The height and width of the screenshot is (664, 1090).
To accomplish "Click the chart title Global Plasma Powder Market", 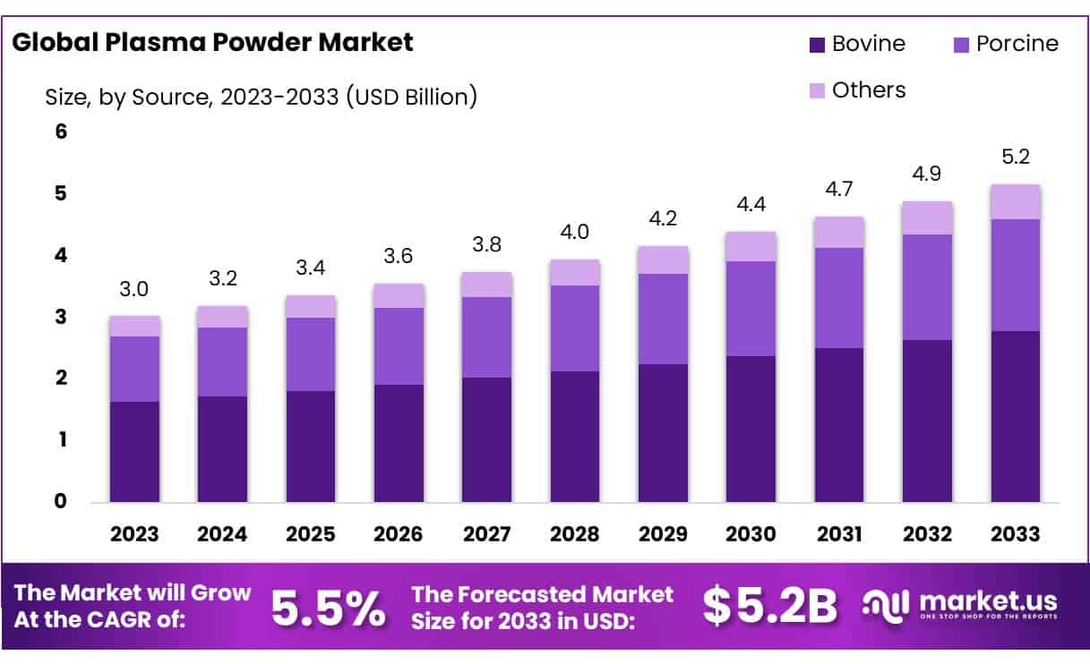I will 212,42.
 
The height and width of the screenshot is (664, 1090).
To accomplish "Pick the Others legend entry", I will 859,90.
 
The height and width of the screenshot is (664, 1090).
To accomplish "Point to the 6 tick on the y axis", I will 62,132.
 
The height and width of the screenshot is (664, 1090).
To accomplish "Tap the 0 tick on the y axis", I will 62,501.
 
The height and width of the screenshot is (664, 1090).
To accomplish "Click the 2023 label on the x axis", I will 134,534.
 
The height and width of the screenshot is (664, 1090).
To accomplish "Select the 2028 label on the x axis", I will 575,534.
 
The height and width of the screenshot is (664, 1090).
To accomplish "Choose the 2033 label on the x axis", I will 1015,534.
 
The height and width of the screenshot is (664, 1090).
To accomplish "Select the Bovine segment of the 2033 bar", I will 1015,416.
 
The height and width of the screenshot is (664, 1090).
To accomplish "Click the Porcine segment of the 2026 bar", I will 399,346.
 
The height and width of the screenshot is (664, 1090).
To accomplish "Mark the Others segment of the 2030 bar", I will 751,246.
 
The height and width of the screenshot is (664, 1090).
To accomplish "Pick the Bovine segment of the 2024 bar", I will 222,448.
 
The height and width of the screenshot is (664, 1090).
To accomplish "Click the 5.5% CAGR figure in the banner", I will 328,608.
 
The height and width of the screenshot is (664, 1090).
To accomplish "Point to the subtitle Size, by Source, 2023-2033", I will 261,97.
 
